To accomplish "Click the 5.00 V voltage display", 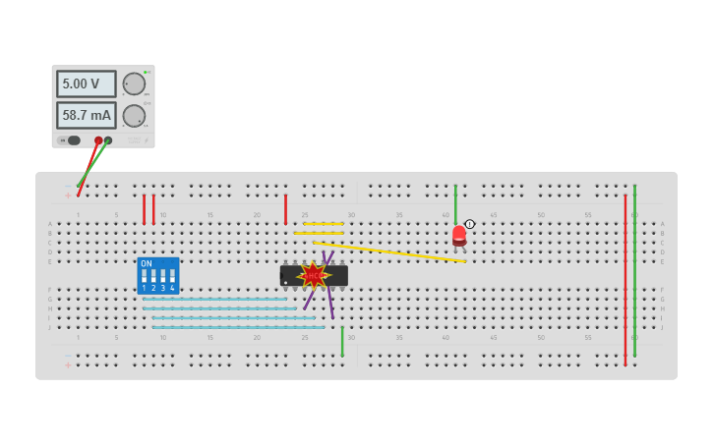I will (x=86, y=84).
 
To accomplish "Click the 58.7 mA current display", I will (x=86, y=116).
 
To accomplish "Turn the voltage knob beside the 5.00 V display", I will (x=134, y=84).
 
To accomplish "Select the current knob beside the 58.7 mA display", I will (x=134, y=116).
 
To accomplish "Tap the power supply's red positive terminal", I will (x=97, y=140).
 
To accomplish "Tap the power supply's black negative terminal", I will (x=108, y=140).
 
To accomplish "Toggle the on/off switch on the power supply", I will (x=73, y=140).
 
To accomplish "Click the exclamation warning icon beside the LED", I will (x=470, y=224).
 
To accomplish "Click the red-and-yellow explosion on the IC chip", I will (x=313, y=275).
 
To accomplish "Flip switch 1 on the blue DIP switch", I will (x=144, y=277).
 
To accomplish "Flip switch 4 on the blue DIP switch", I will (x=172, y=277).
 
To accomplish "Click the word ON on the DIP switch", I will (x=147, y=263).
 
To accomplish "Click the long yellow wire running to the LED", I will (x=393, y=251).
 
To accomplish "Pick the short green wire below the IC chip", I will (x=342, y=342).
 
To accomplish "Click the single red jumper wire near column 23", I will (x=286, y=209).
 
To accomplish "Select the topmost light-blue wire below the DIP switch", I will (x=216, y=299).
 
